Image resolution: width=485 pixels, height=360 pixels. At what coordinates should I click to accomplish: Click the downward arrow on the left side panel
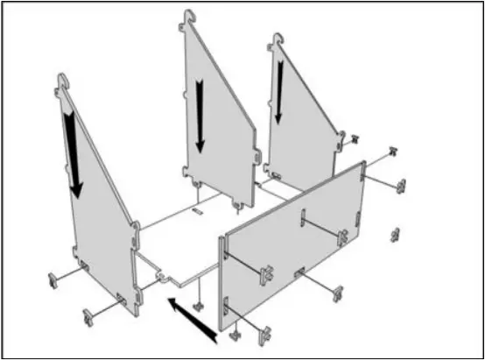73,154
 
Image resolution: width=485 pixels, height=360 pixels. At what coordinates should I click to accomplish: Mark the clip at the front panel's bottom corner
235,334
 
